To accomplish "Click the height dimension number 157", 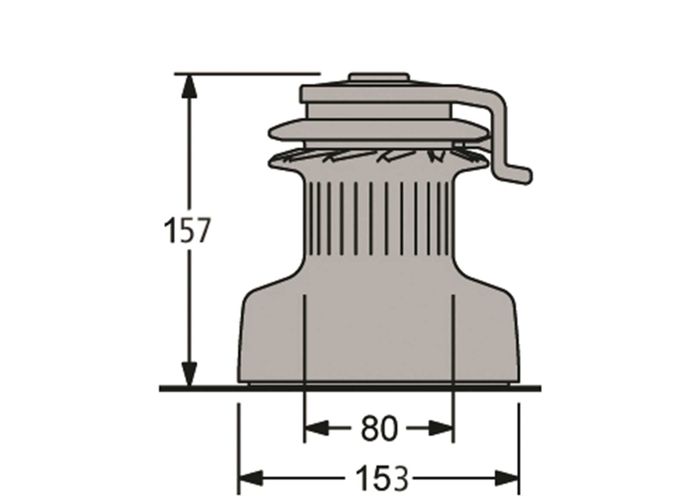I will click(187, 230).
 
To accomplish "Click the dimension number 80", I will click(378, 428).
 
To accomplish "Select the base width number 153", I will click(382, 478).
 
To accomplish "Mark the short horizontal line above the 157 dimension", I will click(248, 74).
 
